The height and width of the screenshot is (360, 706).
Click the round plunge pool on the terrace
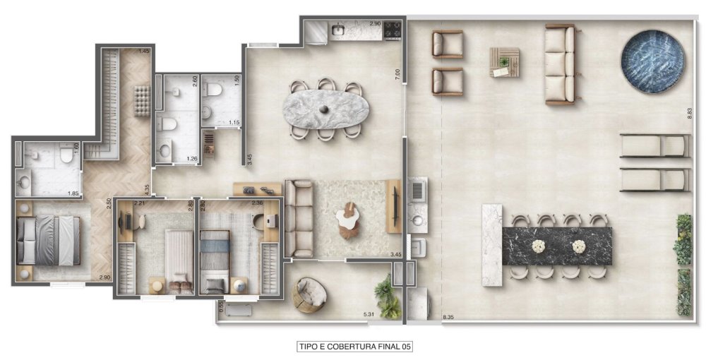[x=653, y=61]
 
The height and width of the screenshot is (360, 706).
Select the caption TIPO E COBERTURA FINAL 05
[x=355, y=347]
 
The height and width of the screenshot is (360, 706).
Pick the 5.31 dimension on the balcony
[x=368, y=313]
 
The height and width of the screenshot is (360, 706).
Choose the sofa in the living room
[x=299, y=218]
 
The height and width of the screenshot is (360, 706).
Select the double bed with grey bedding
[x=47, y=240]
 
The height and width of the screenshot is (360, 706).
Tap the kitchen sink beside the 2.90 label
[x=338, y=30]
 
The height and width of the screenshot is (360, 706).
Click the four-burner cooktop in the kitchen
[x=393, y=30]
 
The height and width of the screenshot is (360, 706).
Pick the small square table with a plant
[x=504, y=62]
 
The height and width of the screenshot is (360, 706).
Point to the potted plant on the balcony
[x=386, y=296]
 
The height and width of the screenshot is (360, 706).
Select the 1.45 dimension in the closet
[x=144, y=52]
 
